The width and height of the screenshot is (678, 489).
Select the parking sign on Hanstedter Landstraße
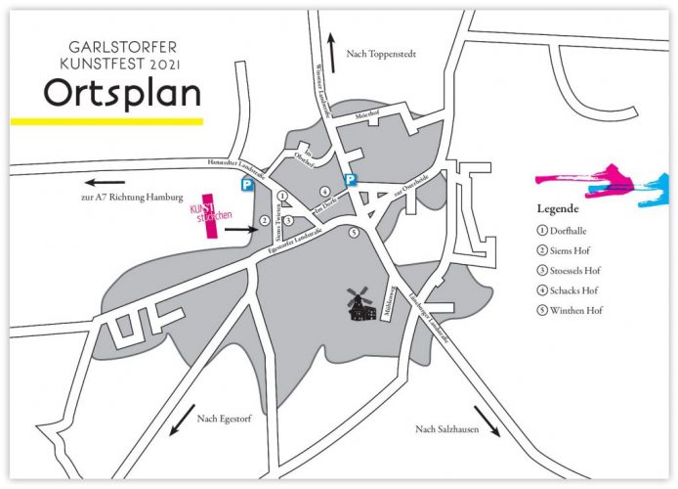click(247, 183)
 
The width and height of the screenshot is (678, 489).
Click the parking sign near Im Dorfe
click(350, 179)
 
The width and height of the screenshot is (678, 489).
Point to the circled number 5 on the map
click(354, 232)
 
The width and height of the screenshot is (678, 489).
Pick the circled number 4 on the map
click(323, 192)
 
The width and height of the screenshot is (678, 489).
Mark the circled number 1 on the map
click(281, 196)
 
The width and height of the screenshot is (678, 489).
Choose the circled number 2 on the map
click(264, 221)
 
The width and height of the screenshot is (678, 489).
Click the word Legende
click(558, 208)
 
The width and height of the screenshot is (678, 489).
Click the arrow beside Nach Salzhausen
click(487, 421)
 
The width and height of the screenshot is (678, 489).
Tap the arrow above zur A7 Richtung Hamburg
click(103, 182)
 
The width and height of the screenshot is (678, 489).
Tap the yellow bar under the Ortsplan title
click(106, 121)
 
